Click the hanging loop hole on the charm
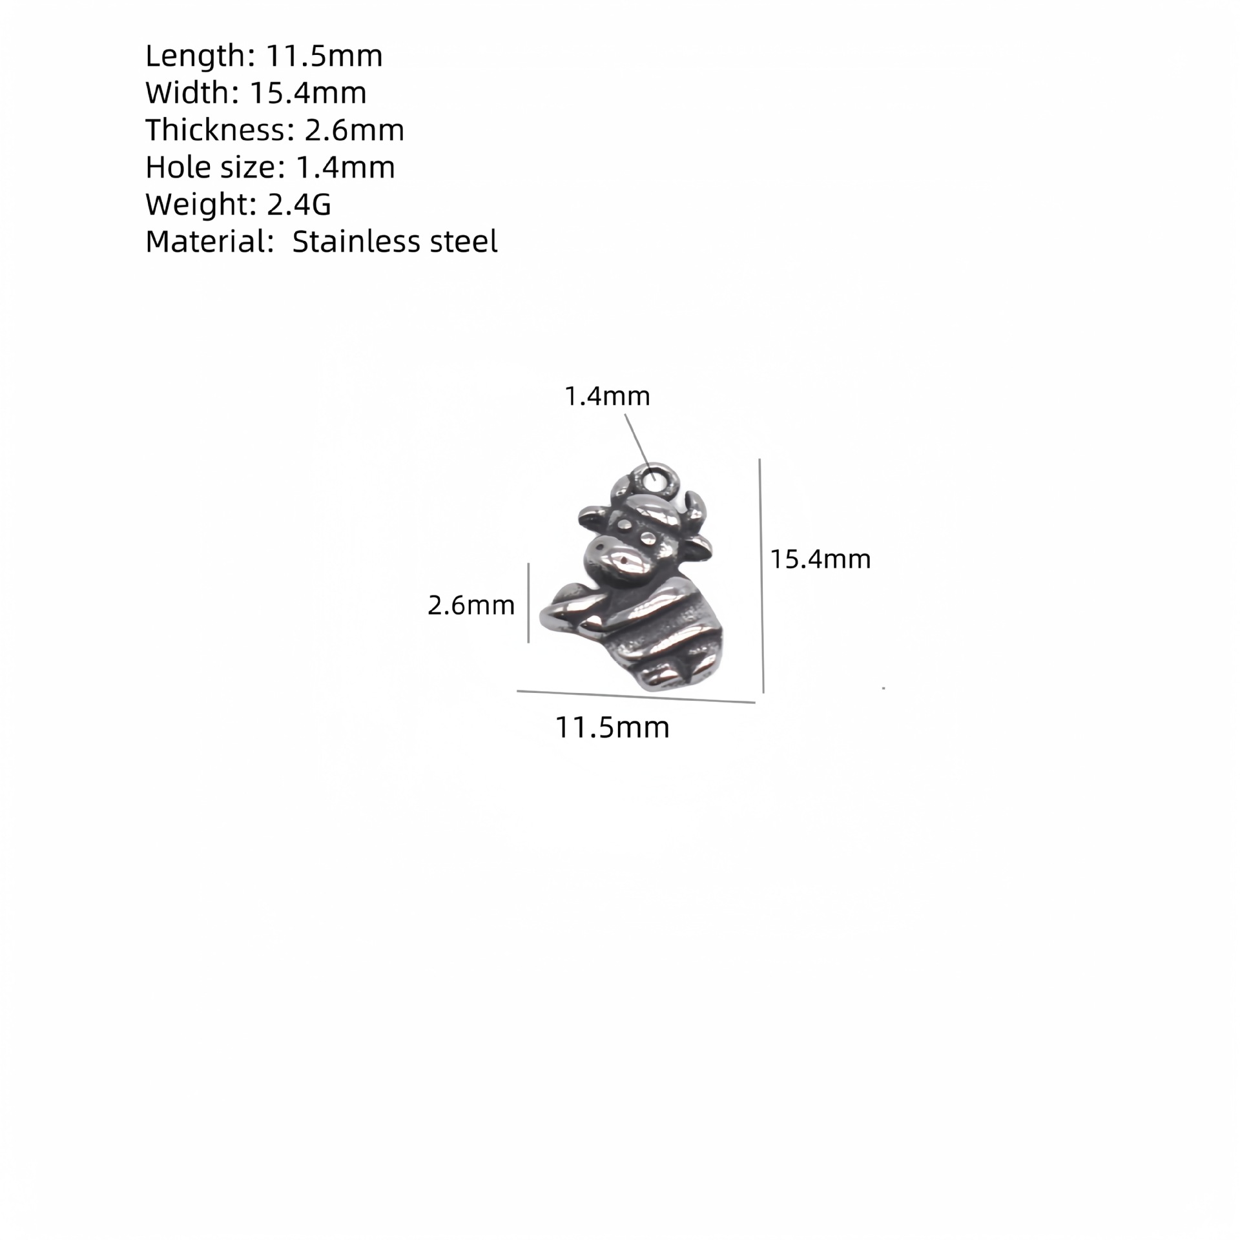point(656,479)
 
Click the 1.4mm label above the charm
point(607,396)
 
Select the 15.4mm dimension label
point(820,559)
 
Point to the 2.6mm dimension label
point(471,605)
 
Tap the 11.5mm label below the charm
point(612,727)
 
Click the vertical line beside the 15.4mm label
point(761,575)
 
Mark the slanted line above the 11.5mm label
point(635,697)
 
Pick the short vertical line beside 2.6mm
point(528,603)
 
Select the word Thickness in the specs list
point(215,130)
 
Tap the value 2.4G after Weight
point(299,204)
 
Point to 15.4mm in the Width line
point(308,93)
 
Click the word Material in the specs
point(205,242)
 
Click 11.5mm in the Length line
point(324,56)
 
